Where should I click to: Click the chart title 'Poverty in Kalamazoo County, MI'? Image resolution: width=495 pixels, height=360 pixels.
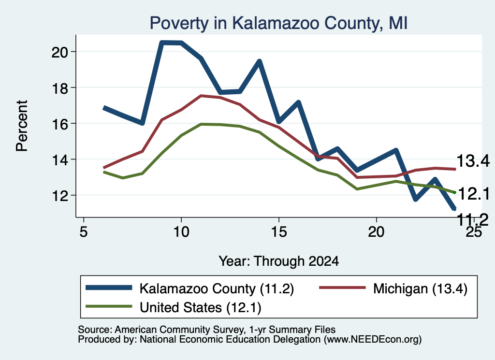(x=278, y=23)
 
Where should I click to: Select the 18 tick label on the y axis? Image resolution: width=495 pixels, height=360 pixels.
(x=59, y=88)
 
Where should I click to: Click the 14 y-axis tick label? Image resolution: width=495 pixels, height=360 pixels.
(x=59, y=160)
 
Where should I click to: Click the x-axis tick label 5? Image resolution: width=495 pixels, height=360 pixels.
(x=83, y=232)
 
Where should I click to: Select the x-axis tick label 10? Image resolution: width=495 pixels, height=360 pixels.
(x=181, y=232)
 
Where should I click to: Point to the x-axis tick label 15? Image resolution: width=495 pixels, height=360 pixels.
(x=279, y=232)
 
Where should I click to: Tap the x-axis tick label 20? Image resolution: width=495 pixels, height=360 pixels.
(x=376, y=232)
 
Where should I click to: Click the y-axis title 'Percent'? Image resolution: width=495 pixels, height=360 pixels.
(x=22, y=126)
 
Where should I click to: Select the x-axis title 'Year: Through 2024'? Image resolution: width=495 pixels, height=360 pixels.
(x=279, y=261)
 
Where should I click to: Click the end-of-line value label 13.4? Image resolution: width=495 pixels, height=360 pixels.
(x=473, y=161)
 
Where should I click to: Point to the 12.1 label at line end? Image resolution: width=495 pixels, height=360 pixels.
(x=474, y=193)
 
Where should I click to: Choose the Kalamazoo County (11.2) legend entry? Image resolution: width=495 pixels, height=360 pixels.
(x=189, y=288)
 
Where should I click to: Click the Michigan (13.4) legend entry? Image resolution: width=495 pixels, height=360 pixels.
(x=393, y=288)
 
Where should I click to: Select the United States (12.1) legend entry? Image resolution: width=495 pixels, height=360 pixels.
(x=174, y=307)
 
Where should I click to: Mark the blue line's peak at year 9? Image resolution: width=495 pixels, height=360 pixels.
(x=161, y=43)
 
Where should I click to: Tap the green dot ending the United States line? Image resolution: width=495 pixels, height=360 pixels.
(x=454, y=192)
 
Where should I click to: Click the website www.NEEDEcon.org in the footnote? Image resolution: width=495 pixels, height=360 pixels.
(x=373, y=340)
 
